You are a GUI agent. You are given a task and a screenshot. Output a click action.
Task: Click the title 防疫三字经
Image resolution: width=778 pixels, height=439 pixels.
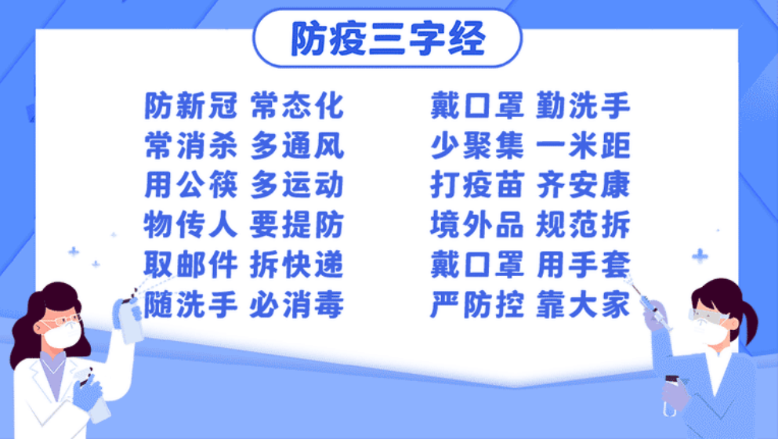(x=388, y=38)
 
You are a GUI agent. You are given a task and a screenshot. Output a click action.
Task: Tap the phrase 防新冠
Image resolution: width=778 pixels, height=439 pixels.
(x=191, y=106)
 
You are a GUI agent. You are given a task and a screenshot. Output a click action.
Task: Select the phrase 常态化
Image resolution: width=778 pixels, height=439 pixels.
(x=297, y=106)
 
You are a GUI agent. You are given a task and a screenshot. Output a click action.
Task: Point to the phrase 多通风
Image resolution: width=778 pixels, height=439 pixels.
(x=297, y=146)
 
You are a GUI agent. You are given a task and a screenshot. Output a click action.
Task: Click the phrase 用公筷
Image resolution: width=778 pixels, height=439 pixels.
(x=191, y=185)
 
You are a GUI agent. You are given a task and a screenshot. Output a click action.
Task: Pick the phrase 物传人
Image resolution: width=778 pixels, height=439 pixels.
(x=191, y=224)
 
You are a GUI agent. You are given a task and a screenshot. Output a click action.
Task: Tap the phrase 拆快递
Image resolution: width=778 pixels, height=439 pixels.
(x=297, y=264)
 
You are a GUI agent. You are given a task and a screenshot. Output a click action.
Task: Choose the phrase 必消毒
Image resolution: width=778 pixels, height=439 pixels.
(x=297, y=304)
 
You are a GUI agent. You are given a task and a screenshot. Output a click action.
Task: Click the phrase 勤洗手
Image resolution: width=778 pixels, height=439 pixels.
(x=583, y=106)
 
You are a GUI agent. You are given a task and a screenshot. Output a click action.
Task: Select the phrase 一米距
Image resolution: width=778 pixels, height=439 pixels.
(x=583, y=146)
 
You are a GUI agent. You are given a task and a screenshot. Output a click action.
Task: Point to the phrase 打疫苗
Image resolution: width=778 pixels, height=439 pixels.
(x=477, y=185)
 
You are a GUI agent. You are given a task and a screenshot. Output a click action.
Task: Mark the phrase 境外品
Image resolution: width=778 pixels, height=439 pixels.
(x=477, y=224)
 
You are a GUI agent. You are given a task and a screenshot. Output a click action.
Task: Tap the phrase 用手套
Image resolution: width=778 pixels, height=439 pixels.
(x=583, y=264)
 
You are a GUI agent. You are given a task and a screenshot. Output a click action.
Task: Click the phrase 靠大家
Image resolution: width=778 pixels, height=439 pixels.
(x=583, y=304)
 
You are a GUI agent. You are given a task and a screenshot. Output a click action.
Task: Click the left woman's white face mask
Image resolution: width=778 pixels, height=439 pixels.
(x=62, y=334)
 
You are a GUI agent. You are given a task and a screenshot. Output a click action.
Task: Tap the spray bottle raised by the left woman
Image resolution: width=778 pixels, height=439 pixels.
(x=129, y=317)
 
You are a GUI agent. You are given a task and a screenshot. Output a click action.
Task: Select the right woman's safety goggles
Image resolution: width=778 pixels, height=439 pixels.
(x=707, y=315)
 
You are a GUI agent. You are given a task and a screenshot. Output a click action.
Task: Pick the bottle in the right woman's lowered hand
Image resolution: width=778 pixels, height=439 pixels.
(x=671, y=395)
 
